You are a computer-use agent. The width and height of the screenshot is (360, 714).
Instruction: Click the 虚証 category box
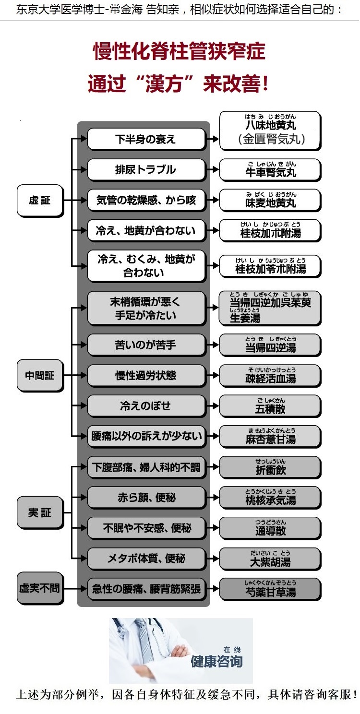pyautogui.click(x=40, y=201)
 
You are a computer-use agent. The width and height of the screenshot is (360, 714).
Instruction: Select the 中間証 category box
pyautogui.click(x=40, y=376)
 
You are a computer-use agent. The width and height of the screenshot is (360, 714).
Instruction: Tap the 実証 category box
pyautogui.click(x=40, y=512)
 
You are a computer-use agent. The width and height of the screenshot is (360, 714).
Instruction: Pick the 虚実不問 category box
pyautogui.click(x=40, y=588)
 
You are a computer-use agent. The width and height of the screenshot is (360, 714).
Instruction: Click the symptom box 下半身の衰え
pyautogui.click(x=146, y=139)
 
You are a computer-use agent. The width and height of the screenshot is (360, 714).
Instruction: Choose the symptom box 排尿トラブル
pyautogui.click(x=146, y=170)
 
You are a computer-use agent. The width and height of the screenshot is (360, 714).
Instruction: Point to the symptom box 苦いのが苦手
pyautogui.click(x=146, y=345)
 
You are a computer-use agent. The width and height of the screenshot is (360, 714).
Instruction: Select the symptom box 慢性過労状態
pyautogui.click(x=146, y=376)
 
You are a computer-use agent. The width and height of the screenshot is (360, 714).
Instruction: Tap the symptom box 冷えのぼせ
pyautogui.click(x=146, y=406)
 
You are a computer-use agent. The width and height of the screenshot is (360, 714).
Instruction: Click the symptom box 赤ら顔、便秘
pyautogui.click(x=146, y=498)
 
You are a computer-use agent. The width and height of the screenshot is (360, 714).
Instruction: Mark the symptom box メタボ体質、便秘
pyautogui.click(x=146, y=559)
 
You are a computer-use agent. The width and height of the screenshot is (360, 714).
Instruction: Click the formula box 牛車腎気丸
pyautogui.click(x=270, y=170)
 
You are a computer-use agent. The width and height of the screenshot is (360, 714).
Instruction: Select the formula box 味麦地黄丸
pyautogui.click(x=270, y=201)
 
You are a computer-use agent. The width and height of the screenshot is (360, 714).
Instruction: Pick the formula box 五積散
pyautogui.click(x=270, y=406)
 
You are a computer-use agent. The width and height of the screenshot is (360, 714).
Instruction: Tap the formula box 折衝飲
pyautogui.click(x=270, y=467)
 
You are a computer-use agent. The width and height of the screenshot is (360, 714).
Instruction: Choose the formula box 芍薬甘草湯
pyautogui.click(x=270, y=589)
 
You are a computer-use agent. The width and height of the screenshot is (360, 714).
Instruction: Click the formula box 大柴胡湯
pyautogui.click(x=270, y=559)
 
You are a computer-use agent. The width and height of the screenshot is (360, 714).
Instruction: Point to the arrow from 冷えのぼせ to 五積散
pyautogui.click(x=212, y=406)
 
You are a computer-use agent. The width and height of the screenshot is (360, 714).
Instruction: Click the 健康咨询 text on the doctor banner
pyautogui.click(x=217, y=661)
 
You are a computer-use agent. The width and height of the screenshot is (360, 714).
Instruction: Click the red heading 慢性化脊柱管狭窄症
pyautogui.click(x=179, y=51)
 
